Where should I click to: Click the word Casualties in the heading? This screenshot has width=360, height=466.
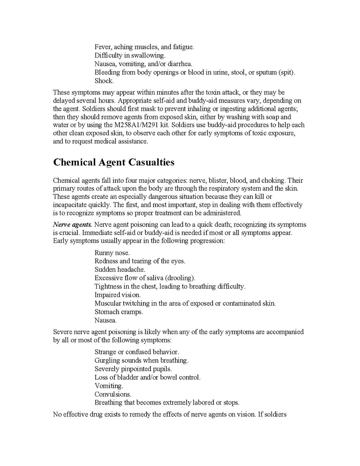pyautogui.click(x=149, y=162)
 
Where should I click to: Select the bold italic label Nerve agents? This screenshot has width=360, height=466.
pyautogui.click(x=73, y=225)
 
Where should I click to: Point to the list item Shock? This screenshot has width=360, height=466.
pyautogui.click(x=104, y=81)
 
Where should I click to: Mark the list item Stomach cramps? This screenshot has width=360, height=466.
pyautogui.click(x=119, y=312)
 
